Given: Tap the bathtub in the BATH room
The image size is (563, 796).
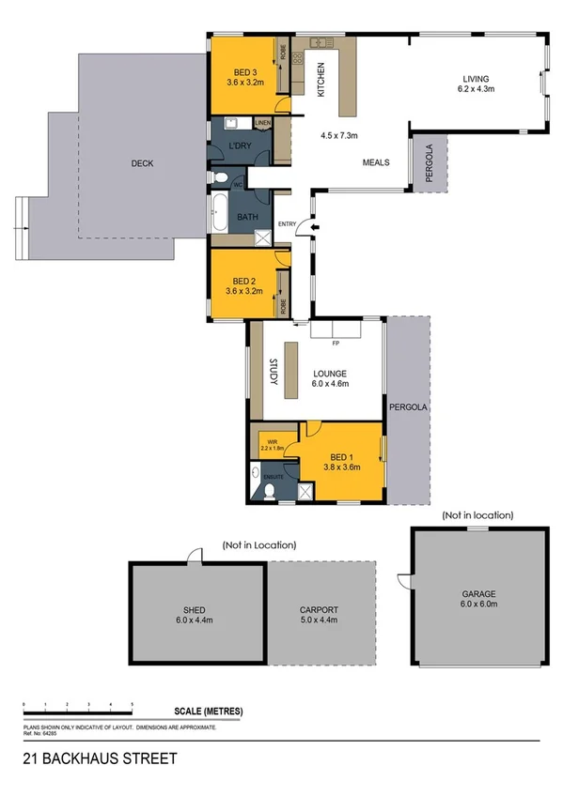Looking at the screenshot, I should tap(217, 214).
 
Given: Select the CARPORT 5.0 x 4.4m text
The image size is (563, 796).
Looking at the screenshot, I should tap(319, 615).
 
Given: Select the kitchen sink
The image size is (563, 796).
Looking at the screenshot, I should tap(318, 42).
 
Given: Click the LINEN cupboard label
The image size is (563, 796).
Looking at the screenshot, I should tap(262, 122).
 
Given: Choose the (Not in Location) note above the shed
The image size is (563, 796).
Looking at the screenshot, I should tap(258, 544).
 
